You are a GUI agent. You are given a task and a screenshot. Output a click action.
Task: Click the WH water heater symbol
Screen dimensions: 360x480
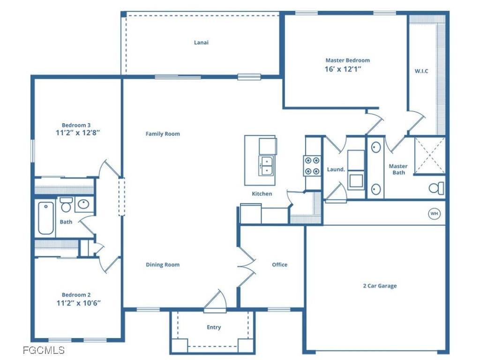[435, 214]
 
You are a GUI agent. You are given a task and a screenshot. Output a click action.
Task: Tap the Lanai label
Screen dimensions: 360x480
[201, 42]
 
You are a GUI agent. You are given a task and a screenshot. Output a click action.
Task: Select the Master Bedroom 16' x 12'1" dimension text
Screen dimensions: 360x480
[347, 69]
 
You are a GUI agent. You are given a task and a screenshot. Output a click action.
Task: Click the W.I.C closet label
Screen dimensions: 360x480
[421, 71]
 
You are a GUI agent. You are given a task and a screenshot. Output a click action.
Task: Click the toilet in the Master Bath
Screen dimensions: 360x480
[436, 188]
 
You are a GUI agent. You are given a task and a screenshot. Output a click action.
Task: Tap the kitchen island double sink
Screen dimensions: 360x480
[266, 165]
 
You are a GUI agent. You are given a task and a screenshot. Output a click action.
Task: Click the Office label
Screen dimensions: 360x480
[279, 265]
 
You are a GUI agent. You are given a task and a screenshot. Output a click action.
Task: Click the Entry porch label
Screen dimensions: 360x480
[214, 327]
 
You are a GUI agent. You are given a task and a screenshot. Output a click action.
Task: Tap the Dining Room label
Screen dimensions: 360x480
[163, 265]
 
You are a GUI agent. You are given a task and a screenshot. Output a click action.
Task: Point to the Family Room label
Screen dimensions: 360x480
[163, 134]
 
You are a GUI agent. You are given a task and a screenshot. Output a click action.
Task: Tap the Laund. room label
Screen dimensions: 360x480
[336, 170]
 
